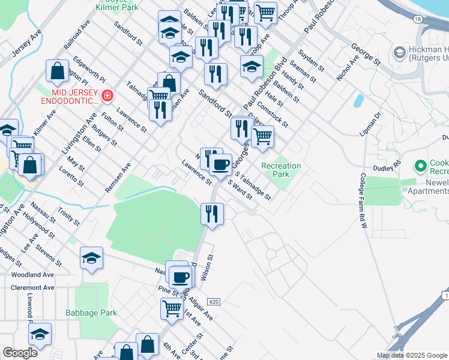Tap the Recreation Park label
coord(281,170)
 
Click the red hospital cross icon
coord(107,95)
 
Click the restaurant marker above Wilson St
coord(212,214)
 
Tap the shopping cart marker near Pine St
coord(172,308)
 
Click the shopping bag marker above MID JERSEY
coord(57,71)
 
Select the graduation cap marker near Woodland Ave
coord(91,258)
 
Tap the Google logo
coord(20,353)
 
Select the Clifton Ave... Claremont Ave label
coord(32,288)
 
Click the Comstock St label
coord(273,114)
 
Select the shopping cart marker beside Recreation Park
coord(262,136)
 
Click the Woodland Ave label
coord(32,274)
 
